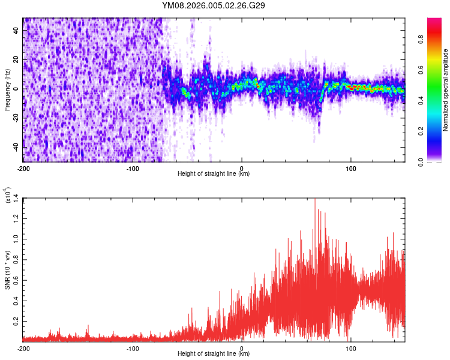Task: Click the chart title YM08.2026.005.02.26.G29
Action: click(214, 5)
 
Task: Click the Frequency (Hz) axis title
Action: click(7, 90)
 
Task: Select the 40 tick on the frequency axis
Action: click(17, 30)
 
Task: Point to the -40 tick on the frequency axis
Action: click(16, 148)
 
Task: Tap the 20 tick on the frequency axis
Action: click(17, 59)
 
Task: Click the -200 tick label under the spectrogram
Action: click(23, 168)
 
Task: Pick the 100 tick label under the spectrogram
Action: click(350, 168)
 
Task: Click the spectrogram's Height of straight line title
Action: click(214, 174)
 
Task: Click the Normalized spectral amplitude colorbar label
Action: click(446, 90)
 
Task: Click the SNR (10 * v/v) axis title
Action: click(7, 269)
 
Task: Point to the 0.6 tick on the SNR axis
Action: click(16, 280)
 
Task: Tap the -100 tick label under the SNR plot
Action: click(133, 348)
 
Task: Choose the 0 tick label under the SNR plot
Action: click(242, 348)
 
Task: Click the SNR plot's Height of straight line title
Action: click(214, 354)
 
